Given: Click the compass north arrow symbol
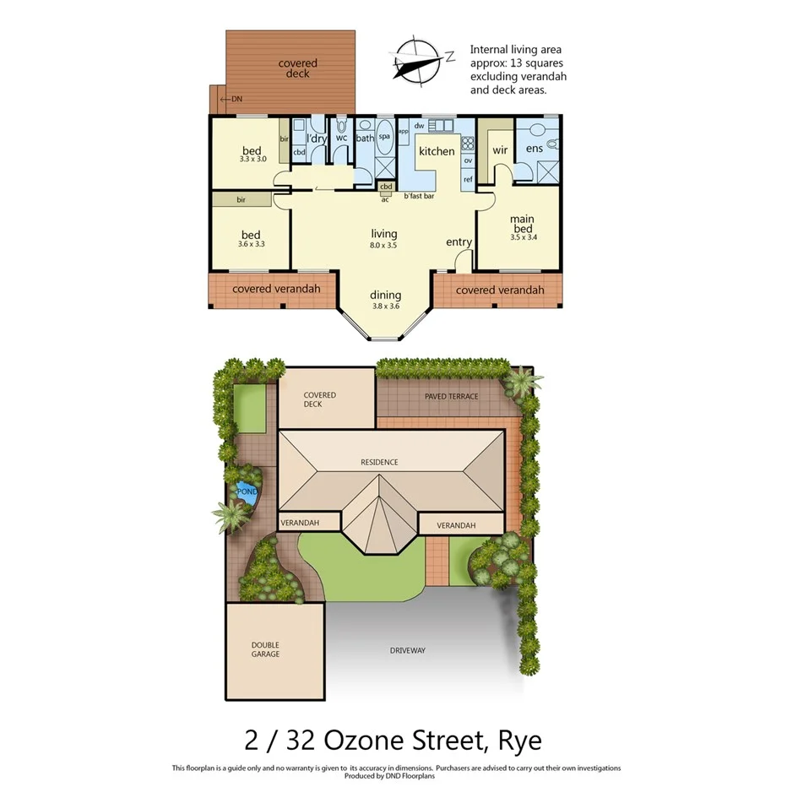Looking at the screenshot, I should pos(420,62).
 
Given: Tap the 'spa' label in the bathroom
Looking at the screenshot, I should pos(384,136).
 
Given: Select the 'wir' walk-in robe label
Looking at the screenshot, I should pos(499,149).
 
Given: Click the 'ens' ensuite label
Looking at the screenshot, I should pos(534,149).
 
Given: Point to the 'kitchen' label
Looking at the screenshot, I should pos(437,152).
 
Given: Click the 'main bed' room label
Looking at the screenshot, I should pos(522,225).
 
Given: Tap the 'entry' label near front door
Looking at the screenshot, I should pos(459,242).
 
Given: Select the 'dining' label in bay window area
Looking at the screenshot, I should pos(385,296).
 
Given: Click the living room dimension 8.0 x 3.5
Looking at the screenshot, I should pos(384,245).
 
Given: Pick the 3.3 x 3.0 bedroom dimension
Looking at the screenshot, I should pos(252,159).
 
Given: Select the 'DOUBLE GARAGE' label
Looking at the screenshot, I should pos(265,649).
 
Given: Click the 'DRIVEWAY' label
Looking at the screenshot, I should pos(407,650).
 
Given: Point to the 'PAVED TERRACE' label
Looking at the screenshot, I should pos(452,396).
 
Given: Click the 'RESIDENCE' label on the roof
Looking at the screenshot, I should pos(378,462).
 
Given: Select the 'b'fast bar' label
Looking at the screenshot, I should pos(419,196).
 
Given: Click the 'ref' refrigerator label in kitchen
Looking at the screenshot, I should pos(467,179).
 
